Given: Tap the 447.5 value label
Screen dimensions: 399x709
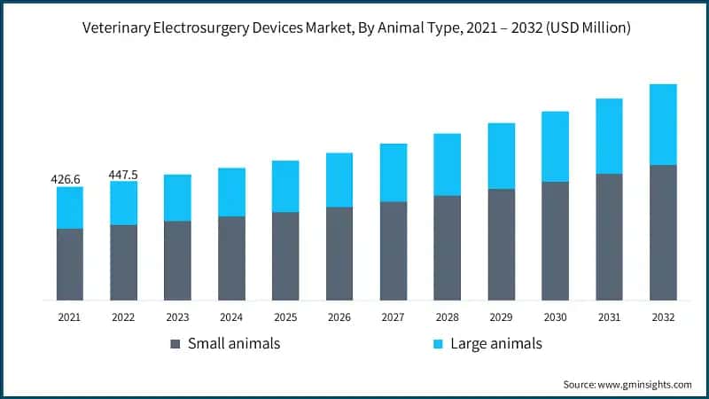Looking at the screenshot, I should click(x=123, y=174).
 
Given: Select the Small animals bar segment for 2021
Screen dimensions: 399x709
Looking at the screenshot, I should click(x=69, y=264).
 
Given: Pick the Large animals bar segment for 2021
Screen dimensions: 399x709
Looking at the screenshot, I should click(x=69, y=207).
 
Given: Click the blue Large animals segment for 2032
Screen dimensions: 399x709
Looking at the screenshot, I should click(x=663, y=124).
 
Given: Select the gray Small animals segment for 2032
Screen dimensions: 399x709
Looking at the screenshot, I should click(x=663, y=232).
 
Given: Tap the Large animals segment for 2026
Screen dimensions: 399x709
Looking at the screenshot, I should click(x=339, y=180).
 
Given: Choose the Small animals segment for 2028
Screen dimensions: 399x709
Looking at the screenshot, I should click(x=447, y=247).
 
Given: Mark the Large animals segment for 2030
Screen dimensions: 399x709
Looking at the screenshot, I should click(x=555, y=146).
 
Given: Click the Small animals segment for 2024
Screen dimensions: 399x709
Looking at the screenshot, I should click(x=231, y=258).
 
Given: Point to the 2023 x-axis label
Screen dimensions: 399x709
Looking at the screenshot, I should click(x=177, y=317).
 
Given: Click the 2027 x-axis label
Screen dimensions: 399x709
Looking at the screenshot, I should click(x=393, y=317).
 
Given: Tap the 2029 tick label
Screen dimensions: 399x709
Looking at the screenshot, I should click(x=501, y=317).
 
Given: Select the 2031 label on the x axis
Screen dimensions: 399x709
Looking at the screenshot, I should click(x=609, y=317).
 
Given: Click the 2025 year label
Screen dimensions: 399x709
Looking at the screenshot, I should click(x=285, y=317).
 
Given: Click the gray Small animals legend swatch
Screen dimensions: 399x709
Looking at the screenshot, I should click(x=175, y=343).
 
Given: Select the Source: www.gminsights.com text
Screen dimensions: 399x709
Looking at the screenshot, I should click(x=627, y=384).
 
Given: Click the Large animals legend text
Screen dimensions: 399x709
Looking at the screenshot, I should click(x=495, y=343).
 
